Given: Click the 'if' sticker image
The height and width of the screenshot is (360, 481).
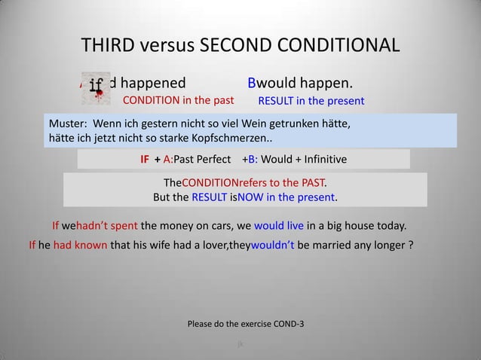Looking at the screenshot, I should click(x=97, y=86).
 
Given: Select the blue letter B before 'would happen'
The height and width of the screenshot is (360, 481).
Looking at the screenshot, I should click(x=253, y=81).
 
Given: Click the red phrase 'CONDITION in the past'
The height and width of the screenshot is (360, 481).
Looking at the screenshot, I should click(x=178, y=100).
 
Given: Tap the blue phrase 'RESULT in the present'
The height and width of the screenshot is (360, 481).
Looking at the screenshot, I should click(x=311, y=101).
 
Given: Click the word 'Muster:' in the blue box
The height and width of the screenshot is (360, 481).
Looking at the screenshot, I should click(x=67, y=123).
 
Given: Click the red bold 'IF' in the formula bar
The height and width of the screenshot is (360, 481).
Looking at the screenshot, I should click(x=145, y=160).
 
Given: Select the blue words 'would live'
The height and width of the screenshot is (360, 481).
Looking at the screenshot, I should click(x=280, y=225).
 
